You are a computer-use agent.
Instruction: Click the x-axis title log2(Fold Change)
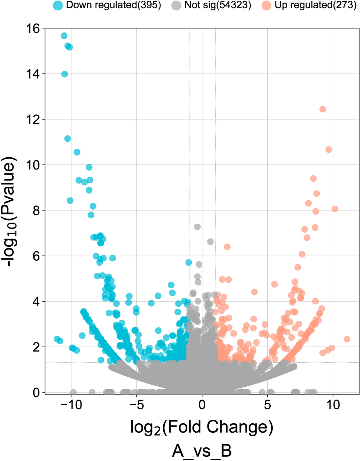click(201, 428)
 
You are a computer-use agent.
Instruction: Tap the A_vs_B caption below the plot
click(201, 451)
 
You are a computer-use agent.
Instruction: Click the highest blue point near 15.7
click(64, 36)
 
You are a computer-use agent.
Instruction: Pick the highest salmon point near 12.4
click(323, 109)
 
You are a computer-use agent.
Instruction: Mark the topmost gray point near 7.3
click(197, 227)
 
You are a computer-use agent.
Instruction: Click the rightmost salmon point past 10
click(347, 339)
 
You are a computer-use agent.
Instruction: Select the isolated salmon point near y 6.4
click(227, 247)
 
